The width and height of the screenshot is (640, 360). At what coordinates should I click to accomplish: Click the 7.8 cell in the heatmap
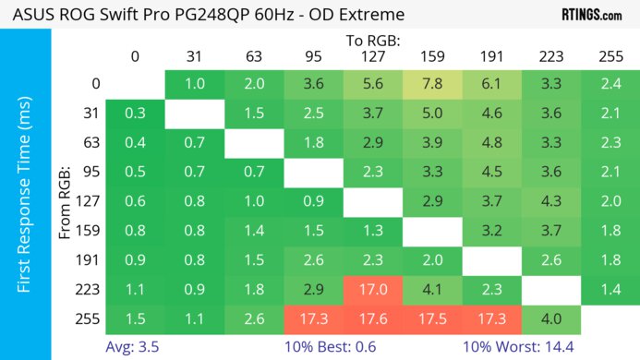430,83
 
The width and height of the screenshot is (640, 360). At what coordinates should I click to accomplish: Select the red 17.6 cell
371,318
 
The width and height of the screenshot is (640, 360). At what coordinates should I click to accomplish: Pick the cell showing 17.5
430,318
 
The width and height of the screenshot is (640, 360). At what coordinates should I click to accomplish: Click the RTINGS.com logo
592,15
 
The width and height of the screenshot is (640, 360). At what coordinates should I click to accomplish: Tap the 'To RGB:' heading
370,41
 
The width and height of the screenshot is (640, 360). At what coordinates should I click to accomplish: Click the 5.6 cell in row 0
371,83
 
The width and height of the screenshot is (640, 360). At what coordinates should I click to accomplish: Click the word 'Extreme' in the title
370,16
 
